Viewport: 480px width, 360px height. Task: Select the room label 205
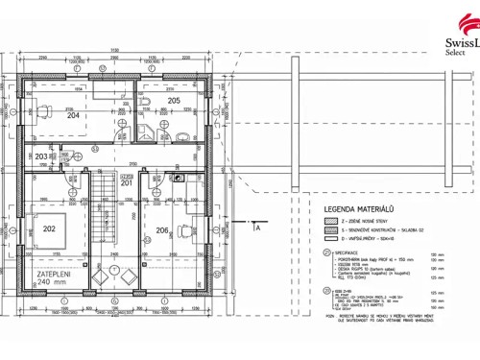pos(174,100)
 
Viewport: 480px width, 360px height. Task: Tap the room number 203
pos(41,156)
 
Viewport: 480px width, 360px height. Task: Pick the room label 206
pos(162,230)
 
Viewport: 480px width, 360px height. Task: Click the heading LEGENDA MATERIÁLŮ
pos(360,208)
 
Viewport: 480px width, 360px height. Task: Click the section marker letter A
pos(257,228)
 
